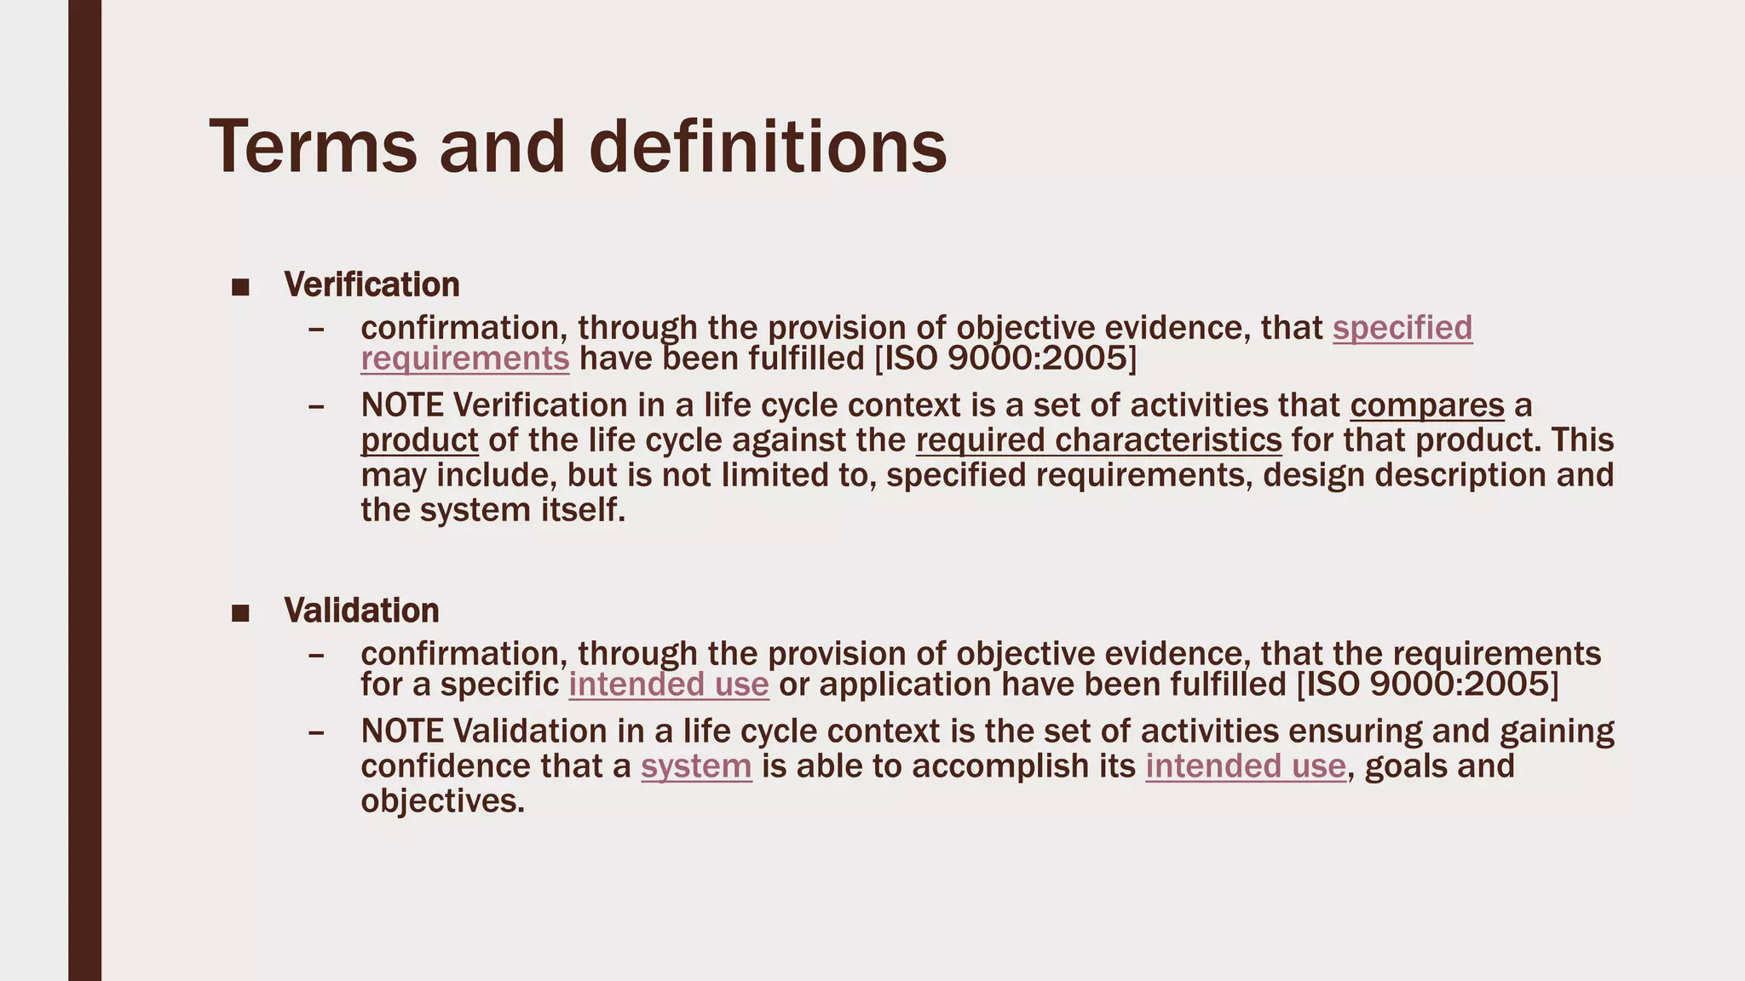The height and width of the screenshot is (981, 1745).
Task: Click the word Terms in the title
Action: [x=313, y=146]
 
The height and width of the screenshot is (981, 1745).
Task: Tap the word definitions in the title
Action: [x=767, y=146]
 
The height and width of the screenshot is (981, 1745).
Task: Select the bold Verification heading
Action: [x=371, y=284]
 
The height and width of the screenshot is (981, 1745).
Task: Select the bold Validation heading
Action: [x=361, y=611]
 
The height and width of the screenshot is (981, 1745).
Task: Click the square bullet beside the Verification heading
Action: [x=240, y=287]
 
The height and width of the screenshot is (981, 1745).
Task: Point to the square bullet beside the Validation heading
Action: [x=240, y=613]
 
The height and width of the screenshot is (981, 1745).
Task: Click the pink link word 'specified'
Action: [x=1402, y=328]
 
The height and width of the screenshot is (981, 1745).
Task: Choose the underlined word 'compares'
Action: [x=1427, y=405]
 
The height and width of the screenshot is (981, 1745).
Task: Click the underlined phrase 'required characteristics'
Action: [x=1098, y=440]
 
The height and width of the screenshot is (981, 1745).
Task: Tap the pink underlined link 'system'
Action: [x=696, y=766]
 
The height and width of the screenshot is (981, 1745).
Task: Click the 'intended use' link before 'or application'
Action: [x=669, y=685]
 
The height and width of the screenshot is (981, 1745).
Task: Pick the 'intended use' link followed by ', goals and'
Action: [x=1245, y=766]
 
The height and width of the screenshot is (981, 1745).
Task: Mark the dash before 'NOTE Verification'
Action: [x=316, y=406]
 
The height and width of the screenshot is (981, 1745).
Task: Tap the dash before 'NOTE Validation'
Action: [x=316, y=732]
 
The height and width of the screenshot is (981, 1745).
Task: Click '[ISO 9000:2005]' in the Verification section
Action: [x=1005, y=359]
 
